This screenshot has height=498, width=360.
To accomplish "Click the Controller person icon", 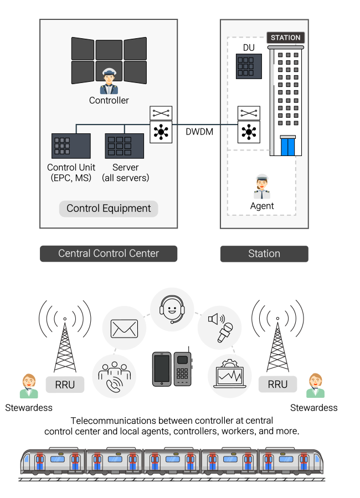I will pyautogui.click(x=109, y=81).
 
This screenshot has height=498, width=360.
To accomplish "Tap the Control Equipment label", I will pyautogui.click(x=109, y=209).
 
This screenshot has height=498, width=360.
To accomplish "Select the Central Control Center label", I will pyautogui.click(x=109, y=253).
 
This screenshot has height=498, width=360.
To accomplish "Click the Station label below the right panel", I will pyautogui.click(x=264, y=253).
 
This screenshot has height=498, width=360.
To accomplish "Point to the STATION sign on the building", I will pyautogui.click(x=286, y=38).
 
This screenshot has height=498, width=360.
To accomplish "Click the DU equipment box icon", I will pyautogui.click(x=249, y=66).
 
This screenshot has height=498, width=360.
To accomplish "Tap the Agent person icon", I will pyautogui.click(x=262, y=187).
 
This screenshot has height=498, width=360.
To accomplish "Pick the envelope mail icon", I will pyautogui.click(x=124, y=328).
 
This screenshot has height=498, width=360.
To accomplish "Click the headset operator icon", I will pyautogui.click(x=172, y=309).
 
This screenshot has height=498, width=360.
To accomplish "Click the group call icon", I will pyautogui.click(x=114, y=376).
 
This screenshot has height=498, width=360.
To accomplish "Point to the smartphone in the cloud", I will pyautogui.click(x=162, y=369).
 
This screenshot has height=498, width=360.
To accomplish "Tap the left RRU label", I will pyautogui.click(x=65, y=385).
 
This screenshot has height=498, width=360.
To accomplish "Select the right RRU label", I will pyautogui.click(x=277, y=385).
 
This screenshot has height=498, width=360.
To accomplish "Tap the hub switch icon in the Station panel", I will pyautogui.click(x=249, y=133).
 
